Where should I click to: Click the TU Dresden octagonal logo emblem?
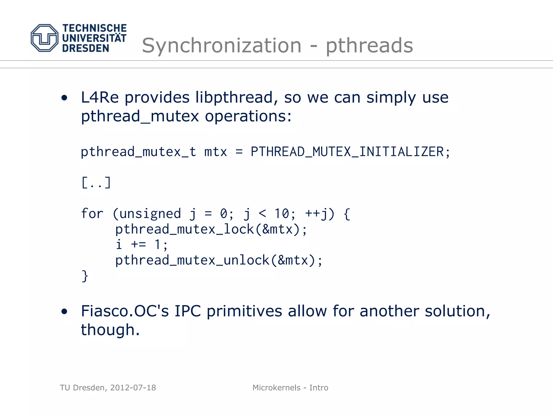[45, 38]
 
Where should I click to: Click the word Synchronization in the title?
[221, 45]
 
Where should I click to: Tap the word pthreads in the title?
[369, 45]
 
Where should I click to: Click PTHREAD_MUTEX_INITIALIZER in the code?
[347, 152]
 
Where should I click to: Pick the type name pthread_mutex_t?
[138, 152]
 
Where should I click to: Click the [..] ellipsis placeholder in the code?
[96, 183]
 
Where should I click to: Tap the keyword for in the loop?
[92, 213]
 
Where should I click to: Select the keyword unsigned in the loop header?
[150, 213]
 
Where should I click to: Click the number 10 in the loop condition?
[282, 213]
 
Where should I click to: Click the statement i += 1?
[142, 245]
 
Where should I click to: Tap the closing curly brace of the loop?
[85, 276]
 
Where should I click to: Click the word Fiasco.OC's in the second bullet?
[125, 311]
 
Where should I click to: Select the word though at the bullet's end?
[108, 330]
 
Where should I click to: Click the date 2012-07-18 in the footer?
[133, 388]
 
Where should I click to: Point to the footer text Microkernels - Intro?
[290, 388]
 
